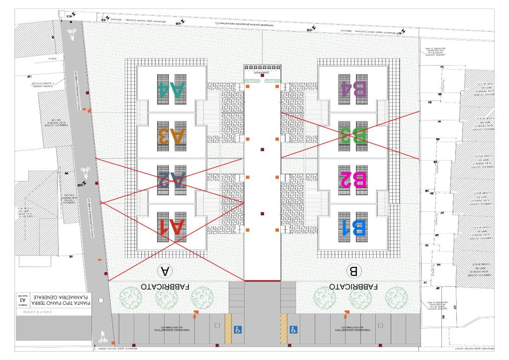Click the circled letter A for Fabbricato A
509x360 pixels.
[x=165, y=271]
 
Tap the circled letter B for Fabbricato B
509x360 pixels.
[x=353, y=271]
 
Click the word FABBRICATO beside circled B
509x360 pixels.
[x=353, y=287]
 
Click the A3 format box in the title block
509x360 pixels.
[x=22, y=300]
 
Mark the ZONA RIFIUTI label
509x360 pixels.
[x=261, y=73]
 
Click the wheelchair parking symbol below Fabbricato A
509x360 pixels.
[x=238, y=329]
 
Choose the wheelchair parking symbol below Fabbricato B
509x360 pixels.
[x=294, y=329]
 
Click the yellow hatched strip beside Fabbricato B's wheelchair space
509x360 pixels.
[x=284, y=329]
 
